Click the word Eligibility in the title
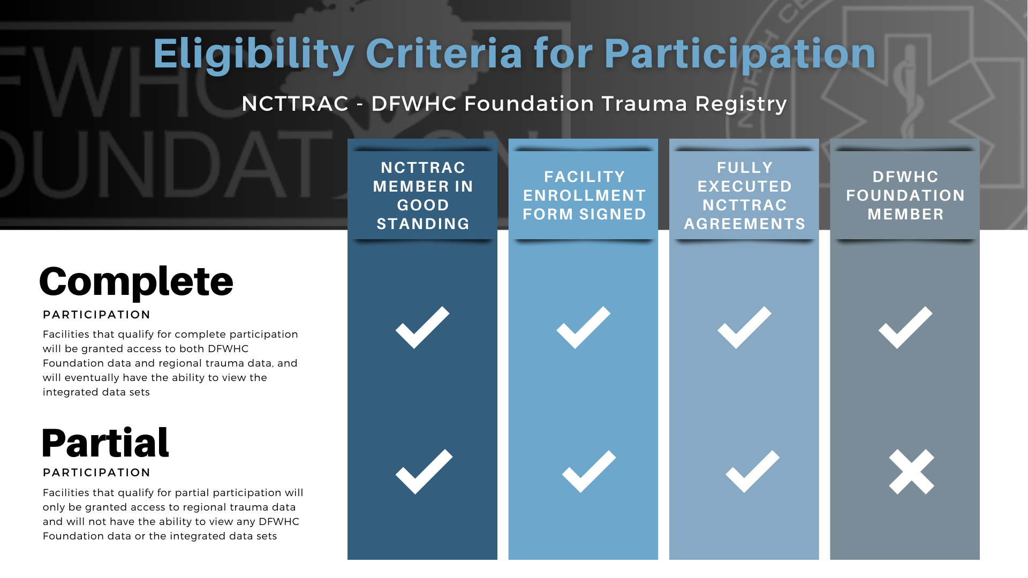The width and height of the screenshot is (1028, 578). [x=253, y=54]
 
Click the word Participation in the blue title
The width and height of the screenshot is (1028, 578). [x=740, y=54]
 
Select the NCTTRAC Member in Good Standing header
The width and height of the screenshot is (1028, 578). [x=423, y=195]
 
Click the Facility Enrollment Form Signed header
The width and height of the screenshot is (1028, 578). [x=584, y=195]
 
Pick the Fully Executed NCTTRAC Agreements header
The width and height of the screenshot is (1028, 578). [x=745, y=195]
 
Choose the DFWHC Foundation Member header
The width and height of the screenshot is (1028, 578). [x=905, y=195]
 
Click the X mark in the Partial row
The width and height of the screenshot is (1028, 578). [x=911, y=471]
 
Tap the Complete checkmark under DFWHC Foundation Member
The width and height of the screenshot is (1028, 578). [x=905, y=328]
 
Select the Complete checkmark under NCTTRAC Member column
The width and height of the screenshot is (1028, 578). [x=422, y=328]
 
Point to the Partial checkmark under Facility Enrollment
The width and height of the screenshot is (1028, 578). [x=589, y=471]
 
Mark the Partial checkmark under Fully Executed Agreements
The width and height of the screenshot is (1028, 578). [x=752, y=471]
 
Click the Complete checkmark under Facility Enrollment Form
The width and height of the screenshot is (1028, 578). [x=584, y=328]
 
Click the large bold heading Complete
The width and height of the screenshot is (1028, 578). [x=136, y=282]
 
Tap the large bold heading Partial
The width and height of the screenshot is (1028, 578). [x=105, y=443]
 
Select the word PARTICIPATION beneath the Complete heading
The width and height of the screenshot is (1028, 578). [x=96, y=315]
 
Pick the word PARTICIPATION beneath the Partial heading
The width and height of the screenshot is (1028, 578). [x=96, y=473]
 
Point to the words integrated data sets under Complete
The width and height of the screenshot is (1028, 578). [x=96, y=392]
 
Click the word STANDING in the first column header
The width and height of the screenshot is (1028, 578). [x=423, y=224]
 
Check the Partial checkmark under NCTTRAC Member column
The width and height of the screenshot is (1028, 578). [x=424, y=471]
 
